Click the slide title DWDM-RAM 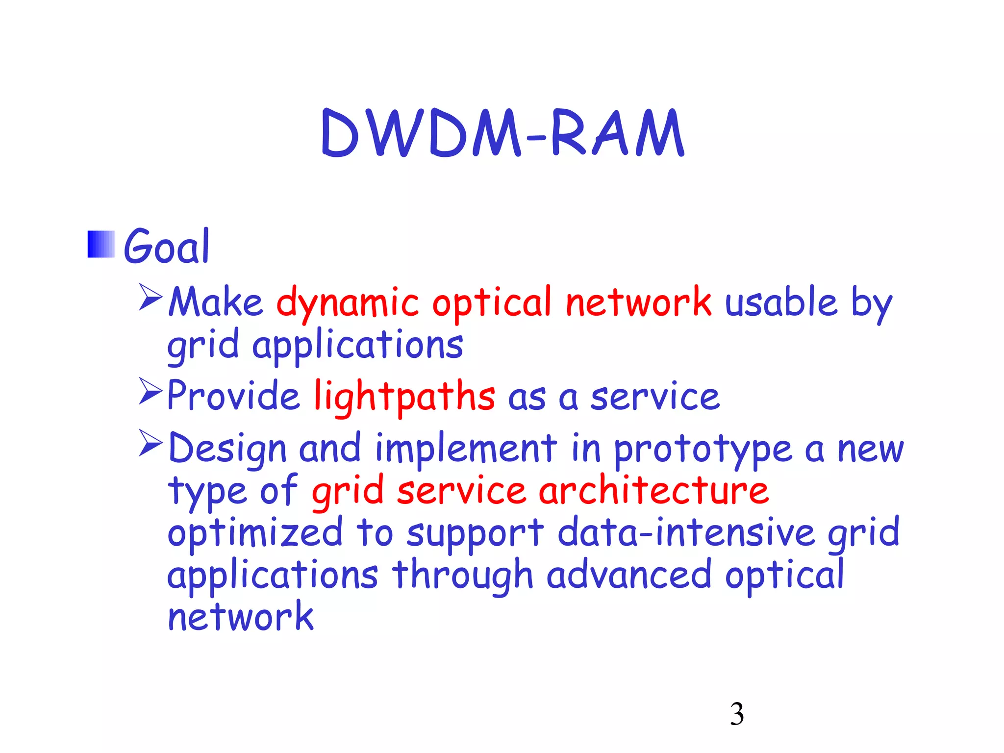502,133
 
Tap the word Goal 167,247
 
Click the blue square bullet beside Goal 101,244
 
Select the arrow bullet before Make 150,297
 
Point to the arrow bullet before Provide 150,391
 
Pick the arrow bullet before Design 150,443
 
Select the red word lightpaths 404,397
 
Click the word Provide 233,396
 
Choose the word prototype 703,450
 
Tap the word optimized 255,533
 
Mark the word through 462,576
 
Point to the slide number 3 737,714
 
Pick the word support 475,534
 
